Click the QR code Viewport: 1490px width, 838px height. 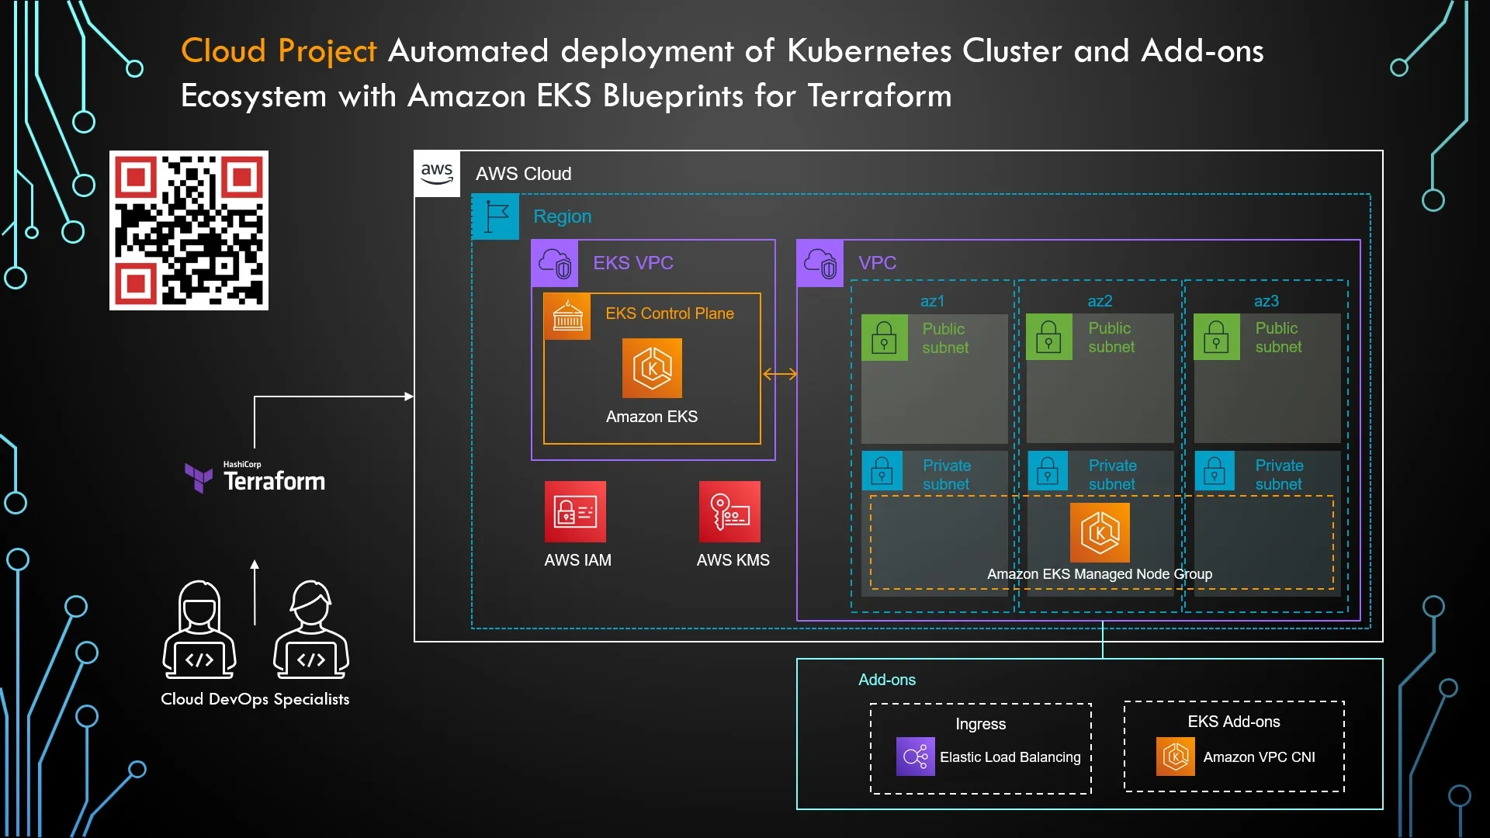(x=189, y=230)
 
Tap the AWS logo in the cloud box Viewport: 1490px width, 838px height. (x=437, y=174)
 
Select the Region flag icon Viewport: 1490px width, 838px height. (x=496, y=216)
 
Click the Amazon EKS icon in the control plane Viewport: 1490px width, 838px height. (x=652, y=368)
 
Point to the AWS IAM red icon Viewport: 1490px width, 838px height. (x=575, y=511)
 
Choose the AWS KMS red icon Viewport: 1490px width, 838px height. (x=729, y=511)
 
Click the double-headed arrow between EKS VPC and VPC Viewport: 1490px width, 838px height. (x=780, y=374)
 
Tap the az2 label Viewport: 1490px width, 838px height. (x=1100, y=301)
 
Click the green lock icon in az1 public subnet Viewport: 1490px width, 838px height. (x=884, y=338)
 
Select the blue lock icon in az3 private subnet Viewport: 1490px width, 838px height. (x=1215, y=471)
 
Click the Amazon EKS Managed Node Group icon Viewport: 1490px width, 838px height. (x=1100, y=532)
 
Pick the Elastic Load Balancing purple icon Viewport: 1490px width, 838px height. (x=915, y=757)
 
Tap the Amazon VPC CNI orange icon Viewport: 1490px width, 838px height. (x=1176, y=757)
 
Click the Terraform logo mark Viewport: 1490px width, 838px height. (x=199, y=477)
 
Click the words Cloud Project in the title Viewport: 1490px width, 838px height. (x=279, y=51)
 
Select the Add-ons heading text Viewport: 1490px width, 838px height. (x=886, y=680)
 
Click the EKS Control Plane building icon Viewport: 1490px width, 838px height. (x=567, y=317)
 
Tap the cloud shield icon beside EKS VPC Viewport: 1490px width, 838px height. (x=555, y=264)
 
